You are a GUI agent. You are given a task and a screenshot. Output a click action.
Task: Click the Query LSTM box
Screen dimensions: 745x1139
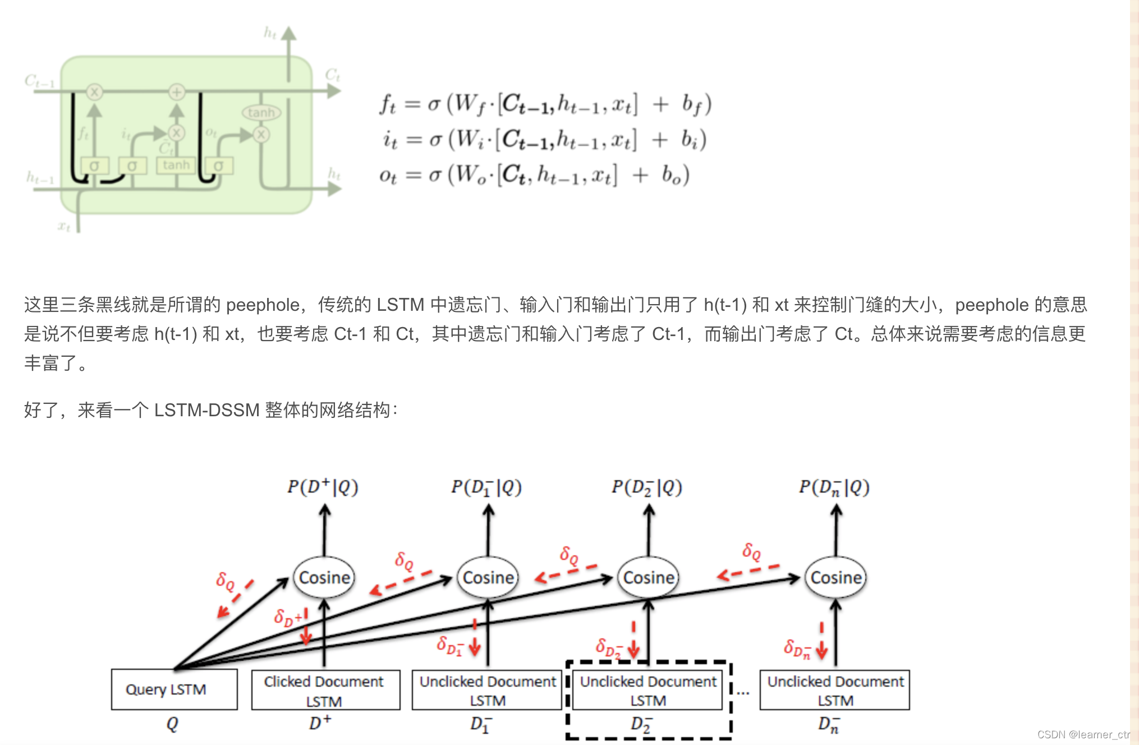pos(174,689)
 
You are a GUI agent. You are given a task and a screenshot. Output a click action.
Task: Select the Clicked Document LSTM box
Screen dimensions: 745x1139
pos(325,690)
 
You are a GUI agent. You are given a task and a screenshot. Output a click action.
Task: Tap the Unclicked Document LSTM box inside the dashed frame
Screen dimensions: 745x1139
pos(648,690)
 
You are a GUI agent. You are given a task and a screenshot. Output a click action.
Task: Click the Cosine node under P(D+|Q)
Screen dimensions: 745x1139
pos(324,577)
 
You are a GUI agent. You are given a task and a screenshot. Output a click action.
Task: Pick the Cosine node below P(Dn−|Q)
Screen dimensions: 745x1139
pos(836,577)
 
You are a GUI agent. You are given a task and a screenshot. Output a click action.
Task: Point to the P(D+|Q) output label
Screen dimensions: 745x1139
pos(323,486)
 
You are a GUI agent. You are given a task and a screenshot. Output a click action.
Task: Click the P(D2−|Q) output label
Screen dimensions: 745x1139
pos(646,487)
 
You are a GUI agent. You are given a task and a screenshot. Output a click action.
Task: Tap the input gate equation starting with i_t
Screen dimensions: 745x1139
pos(544,140)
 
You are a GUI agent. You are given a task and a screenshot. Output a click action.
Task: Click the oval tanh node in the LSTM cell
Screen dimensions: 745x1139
pos(261,113)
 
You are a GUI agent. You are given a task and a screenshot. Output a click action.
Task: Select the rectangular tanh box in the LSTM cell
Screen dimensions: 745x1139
pos(176,165)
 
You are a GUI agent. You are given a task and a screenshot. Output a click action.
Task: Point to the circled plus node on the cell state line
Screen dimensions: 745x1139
pos(177,91)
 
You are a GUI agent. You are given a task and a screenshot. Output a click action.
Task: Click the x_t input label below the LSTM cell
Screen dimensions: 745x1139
pos(64,226)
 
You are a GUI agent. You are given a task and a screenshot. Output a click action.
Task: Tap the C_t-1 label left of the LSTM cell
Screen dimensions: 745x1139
pos(39,82)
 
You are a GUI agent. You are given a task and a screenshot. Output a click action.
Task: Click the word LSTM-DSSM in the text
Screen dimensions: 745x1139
pos(206,410)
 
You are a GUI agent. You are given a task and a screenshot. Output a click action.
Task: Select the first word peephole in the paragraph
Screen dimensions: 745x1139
pos(263,305)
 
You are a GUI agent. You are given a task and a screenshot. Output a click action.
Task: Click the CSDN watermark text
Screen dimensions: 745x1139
pos(1083,734)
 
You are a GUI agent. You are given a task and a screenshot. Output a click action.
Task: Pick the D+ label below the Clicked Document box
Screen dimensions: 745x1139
pos(320,723)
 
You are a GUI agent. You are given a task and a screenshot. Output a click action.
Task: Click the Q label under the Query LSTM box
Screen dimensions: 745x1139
pos(172,724)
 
